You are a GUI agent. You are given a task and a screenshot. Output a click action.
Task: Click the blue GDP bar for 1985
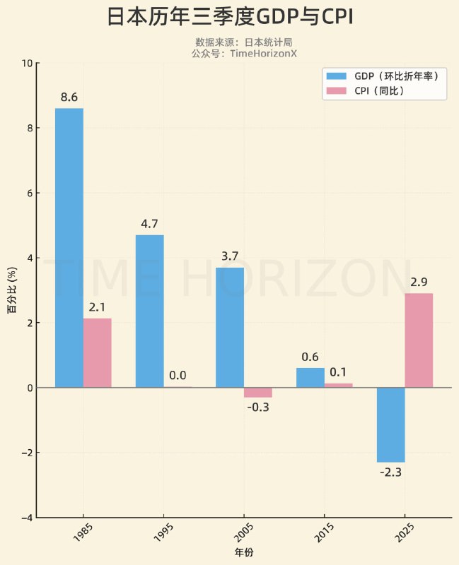coord(69,247)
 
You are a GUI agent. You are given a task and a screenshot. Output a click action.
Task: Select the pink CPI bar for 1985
coord(98,352)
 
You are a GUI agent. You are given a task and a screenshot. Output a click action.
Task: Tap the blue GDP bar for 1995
coord(149,311)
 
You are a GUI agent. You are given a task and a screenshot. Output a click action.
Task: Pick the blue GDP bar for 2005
coord(230,327)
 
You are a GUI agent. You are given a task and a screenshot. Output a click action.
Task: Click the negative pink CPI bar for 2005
coord(258,393)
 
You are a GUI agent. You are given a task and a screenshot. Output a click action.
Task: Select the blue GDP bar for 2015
coord(310,378)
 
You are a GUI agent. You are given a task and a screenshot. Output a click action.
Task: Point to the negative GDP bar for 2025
coord(390,424)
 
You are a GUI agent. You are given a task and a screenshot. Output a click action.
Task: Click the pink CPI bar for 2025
coord(419,340)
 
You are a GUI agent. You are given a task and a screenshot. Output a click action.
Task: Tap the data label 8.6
coord(69,97)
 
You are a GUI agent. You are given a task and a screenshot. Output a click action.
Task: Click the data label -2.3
coord(390,472)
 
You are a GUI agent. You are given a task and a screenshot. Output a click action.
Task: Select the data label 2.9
coord(419,282)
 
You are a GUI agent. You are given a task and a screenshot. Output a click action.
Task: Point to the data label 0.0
coord(178,376)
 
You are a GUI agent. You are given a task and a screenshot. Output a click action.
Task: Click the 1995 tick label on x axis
coord(162,536)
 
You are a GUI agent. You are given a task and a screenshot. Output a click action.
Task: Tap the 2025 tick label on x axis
coord(403,536)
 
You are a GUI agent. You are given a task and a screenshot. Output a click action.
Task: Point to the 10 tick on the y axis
coord(27,64)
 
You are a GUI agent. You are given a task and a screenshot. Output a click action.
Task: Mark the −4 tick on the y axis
coord(25,518)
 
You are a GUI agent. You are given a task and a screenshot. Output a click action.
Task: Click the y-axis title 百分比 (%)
coord(12,290)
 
